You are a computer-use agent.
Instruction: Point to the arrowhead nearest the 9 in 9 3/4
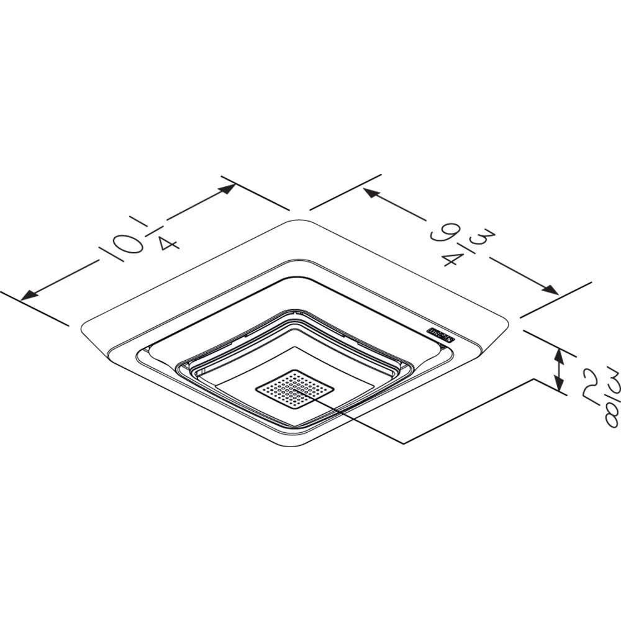coord(370,193)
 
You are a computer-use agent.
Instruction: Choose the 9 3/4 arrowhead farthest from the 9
coord(549,290)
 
